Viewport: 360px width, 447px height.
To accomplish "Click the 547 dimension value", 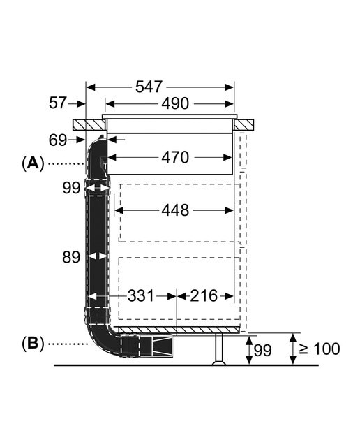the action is (x=149, y=87).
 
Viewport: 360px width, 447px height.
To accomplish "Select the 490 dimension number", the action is (x=175, y=103).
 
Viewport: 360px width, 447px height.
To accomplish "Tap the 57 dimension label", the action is (x=58, y=103).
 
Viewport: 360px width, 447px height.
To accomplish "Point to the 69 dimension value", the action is (x=58, y=140).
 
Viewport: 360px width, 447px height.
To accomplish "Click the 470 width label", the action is (x=175, y=157).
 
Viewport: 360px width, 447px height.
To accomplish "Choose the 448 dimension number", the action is (x=175, y=210).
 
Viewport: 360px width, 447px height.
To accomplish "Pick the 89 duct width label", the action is (x=71, y=257).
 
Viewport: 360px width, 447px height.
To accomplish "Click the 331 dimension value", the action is (x=141, y=295).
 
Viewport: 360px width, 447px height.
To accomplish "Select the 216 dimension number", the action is (x=204, y=295).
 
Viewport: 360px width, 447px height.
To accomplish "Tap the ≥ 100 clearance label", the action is (x=320, y=349).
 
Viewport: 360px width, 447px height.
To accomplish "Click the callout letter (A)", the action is (x=33, y=163).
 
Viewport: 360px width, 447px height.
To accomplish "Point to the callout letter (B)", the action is (x=33, y=343).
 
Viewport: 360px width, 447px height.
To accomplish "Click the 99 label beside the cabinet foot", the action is (x=262, y=350).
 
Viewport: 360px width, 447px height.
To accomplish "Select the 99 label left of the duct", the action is (x=71, y=188).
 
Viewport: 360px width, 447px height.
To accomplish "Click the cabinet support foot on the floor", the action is (x=219, y=349).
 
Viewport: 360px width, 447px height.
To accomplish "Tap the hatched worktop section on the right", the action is (x=244, y=125).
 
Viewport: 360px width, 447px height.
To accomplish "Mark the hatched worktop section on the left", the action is (x=89, y=125).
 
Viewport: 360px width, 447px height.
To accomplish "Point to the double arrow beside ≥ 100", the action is (x=292, y=349).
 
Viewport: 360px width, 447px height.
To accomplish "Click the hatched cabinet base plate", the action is (x=179, y=330).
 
